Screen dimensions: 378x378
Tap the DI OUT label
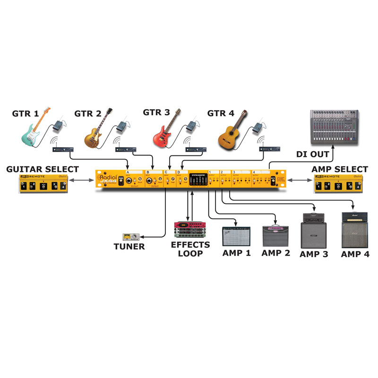point(312,154)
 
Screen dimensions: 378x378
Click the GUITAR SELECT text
point(42,169)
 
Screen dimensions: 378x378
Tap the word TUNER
point(129,246)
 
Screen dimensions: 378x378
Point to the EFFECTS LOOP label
point(190,249)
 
